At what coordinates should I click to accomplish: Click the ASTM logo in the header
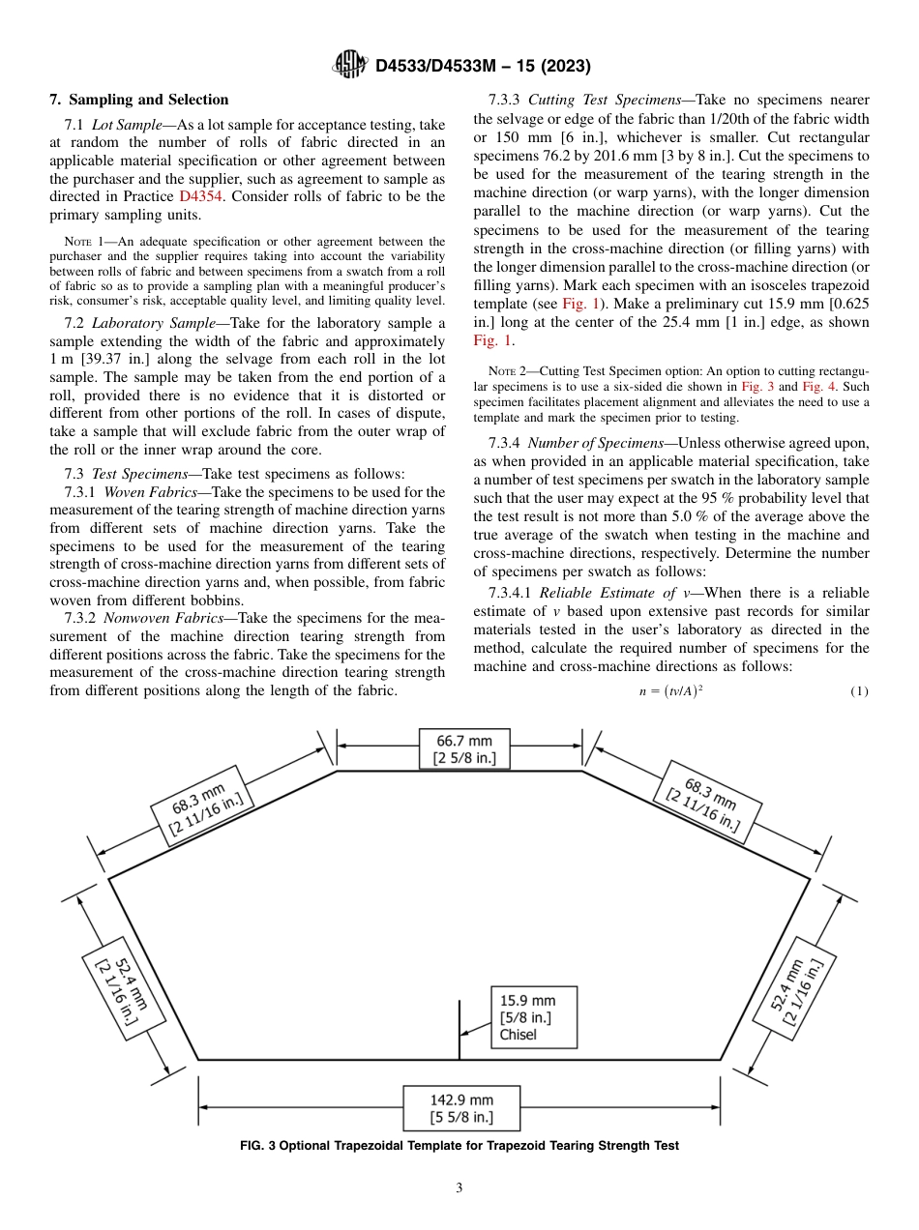click(x=349, y=65)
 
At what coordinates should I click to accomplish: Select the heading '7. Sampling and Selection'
click(x=138, y=100)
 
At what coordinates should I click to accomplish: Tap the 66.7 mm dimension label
click(x=464, y=749)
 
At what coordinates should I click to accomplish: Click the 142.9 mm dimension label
click(x=461, y=1108)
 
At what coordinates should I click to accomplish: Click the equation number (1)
click(x=859, y=691)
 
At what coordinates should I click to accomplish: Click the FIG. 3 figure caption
click(x=459, y=1146)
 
